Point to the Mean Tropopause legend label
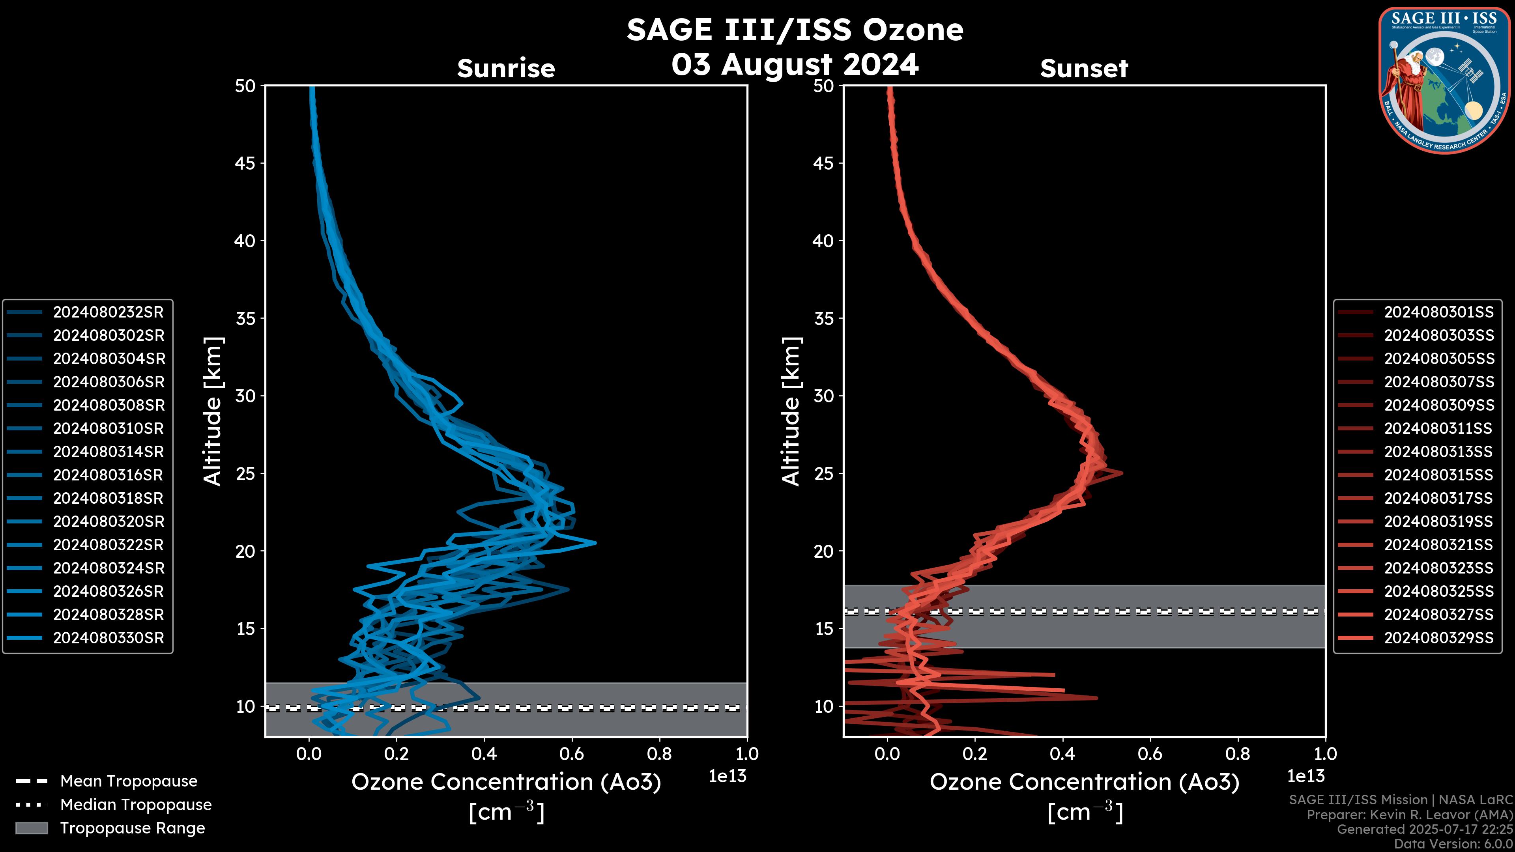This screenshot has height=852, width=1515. [129, 781]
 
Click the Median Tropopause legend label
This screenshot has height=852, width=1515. [136, 804]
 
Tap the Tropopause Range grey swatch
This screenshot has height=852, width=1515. [31, 828]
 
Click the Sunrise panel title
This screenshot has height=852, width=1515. [506, 68]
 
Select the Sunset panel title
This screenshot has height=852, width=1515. [1084, 68]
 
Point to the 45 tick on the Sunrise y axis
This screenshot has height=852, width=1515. [245, 163]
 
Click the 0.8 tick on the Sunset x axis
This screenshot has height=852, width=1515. [1237, 753]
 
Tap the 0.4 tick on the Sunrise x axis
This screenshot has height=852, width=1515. [483, 753]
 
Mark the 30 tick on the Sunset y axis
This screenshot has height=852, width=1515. [823, 396]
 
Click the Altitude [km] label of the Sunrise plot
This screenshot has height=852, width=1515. [213, 411]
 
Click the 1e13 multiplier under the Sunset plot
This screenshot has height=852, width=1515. [1306, 776]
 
